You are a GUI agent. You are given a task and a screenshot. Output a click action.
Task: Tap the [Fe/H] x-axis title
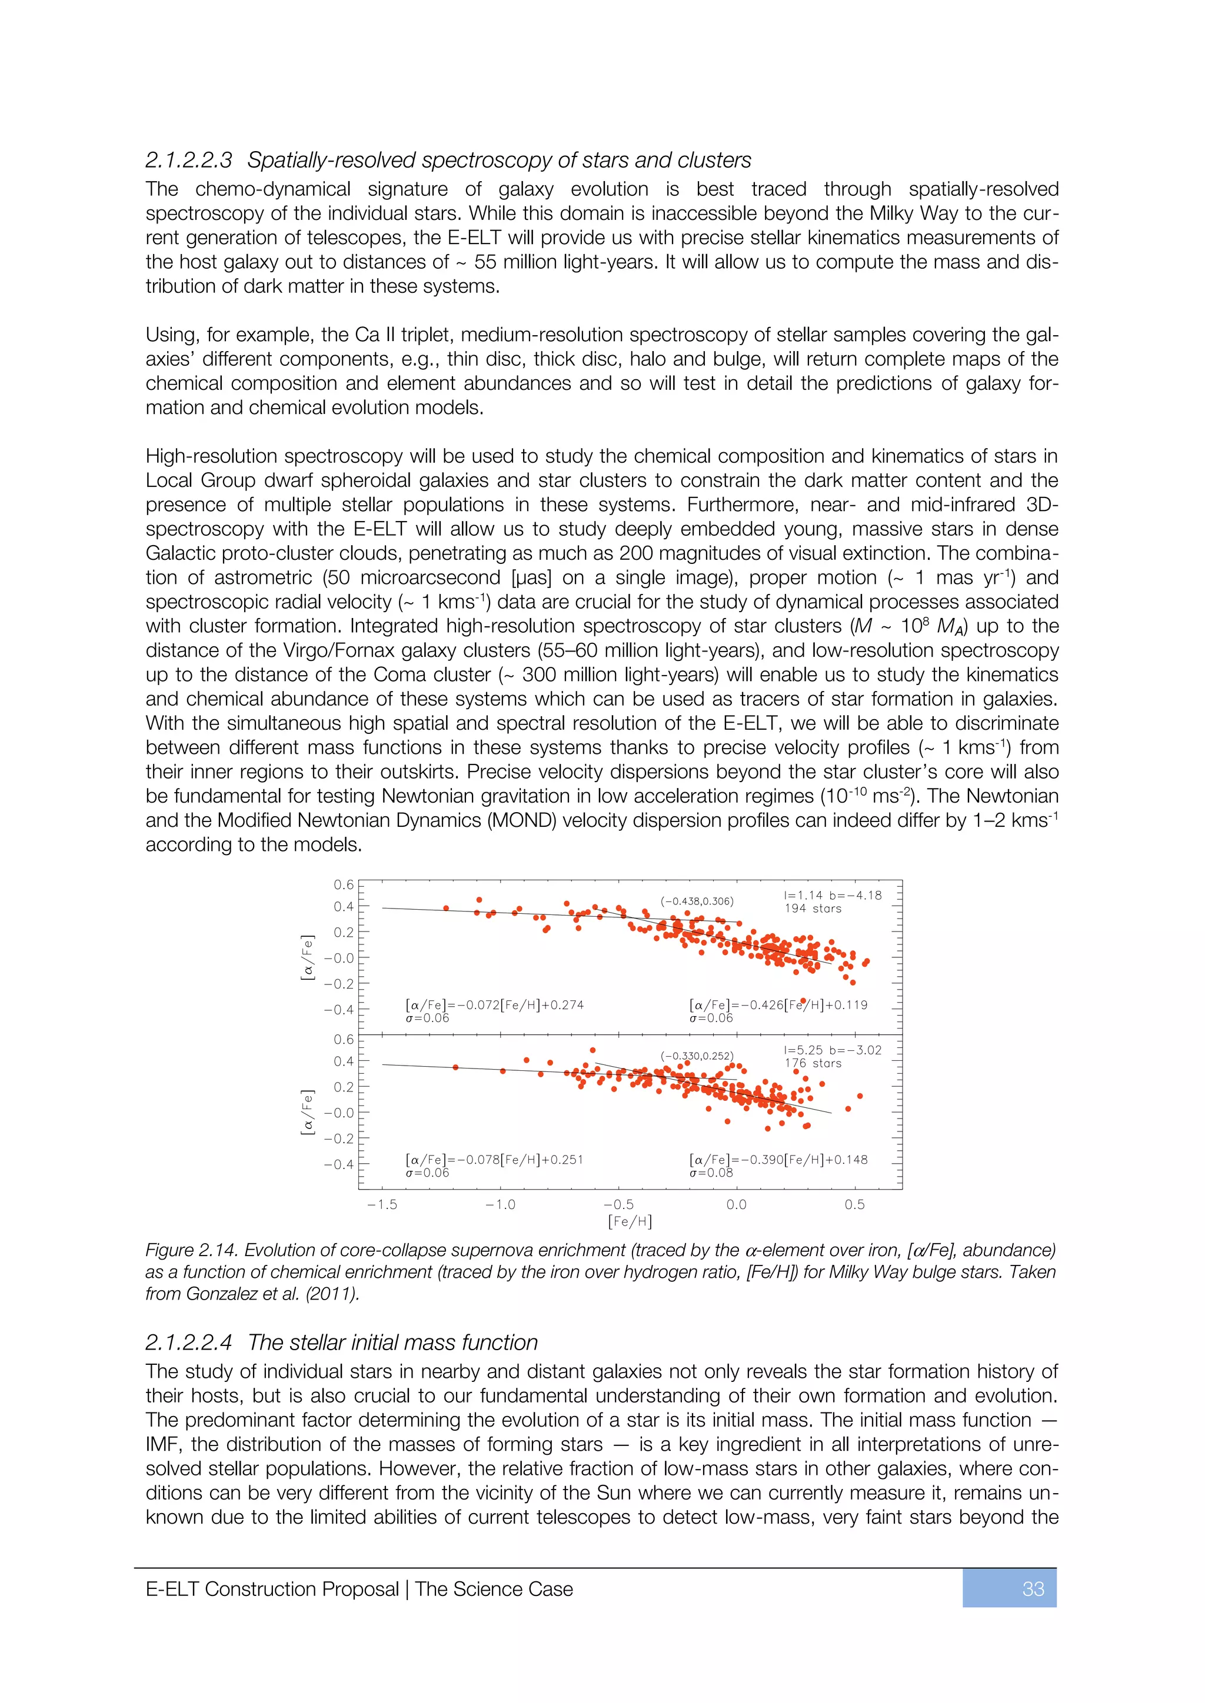tap(630, 1221)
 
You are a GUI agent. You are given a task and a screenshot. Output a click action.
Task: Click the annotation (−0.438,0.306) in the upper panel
tap(697, 901)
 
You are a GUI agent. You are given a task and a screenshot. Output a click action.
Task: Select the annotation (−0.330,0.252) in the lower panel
tap(697, 1056)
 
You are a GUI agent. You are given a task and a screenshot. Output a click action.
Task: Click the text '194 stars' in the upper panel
tap(813, 909)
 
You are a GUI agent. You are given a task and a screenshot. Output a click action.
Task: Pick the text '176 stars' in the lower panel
tap(813, 1063)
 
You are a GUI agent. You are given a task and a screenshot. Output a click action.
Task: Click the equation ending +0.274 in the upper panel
tap(494, 1005)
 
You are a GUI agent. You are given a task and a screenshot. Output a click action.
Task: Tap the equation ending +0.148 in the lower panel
tap(778, 1159)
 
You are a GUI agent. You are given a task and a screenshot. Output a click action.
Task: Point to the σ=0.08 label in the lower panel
tap(711, 1173)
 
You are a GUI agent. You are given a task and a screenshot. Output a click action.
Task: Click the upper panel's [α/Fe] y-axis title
tap(307, 957)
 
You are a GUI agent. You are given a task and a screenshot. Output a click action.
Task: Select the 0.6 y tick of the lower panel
tap(344, 1039)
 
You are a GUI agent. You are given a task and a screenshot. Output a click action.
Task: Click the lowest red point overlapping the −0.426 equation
tap(803, 1001)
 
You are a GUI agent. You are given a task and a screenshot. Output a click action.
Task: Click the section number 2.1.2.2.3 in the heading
tap(188, 160)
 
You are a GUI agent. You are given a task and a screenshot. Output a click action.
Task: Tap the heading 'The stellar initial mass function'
tap(392, 1343)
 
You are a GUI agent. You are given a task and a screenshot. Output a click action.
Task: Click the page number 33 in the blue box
tap(1033, 1589)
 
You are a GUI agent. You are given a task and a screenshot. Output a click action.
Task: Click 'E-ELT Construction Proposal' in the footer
tap(272, 1589)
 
